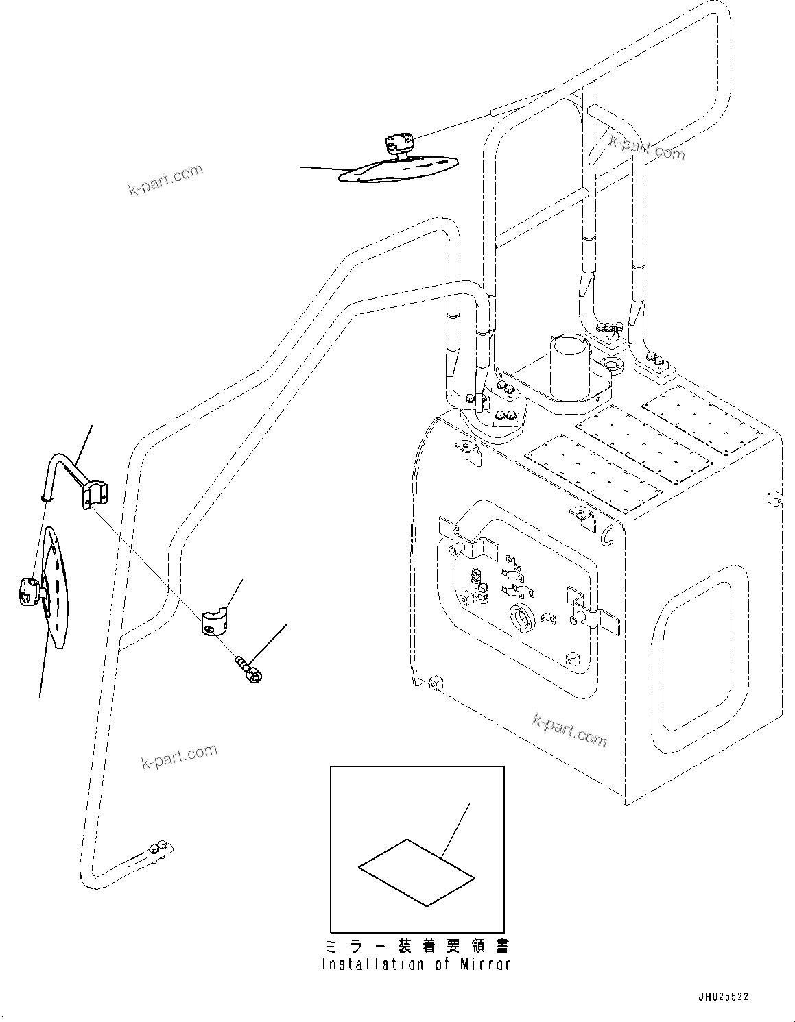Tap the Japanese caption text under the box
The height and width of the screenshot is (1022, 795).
[416, 947]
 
